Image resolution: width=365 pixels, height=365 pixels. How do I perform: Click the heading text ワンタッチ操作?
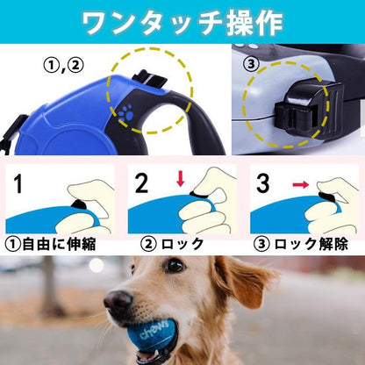[182, 23]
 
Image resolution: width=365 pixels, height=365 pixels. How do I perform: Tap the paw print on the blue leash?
[126, 113]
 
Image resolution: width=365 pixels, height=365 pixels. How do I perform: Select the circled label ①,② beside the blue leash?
[63, 66]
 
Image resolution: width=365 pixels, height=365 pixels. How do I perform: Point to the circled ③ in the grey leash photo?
[252, 64]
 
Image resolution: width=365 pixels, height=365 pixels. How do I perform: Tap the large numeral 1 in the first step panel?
[18, 183]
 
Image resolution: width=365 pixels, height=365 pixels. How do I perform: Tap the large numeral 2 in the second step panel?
[142, 183]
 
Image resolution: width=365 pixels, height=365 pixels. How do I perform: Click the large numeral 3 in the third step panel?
[262, 183]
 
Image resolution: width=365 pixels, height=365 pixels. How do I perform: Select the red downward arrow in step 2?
[181, 179]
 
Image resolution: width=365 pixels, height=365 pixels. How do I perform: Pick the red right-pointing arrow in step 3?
[301, 184]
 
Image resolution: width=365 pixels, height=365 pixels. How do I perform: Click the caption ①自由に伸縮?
[51, 244]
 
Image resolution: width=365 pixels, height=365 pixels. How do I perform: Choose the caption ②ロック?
[172, 244]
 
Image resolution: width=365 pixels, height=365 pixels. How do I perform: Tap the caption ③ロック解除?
[300, 244]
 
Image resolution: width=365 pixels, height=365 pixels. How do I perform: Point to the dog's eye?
[175, 266]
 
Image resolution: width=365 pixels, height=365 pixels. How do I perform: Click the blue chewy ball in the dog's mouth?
[156, 335]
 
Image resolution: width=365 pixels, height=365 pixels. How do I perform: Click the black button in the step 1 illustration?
[78, 204]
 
